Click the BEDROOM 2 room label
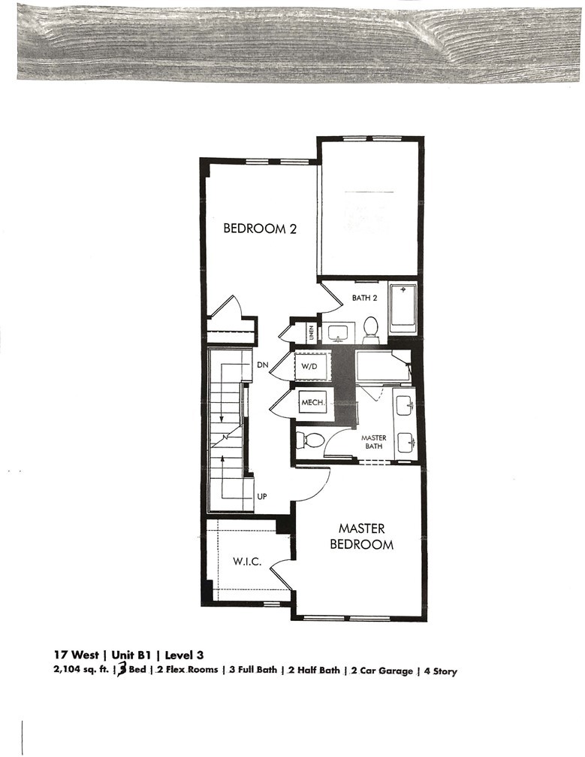click(x=260, y=229)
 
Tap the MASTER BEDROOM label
click(x=361, y=537)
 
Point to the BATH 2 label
click(x=365, y=298)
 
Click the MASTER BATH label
click(x=373, y=441)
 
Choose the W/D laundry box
click(x=310, y=366)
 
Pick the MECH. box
click(x=312, y=403)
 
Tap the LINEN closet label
click(x=311, y=331)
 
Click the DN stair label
click(x=262, y=364)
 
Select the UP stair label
click(x=262, y=496)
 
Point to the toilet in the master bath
click(x=309, y=439)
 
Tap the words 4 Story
click(x=439, y=671)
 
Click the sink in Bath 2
click(x=339, y=331)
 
